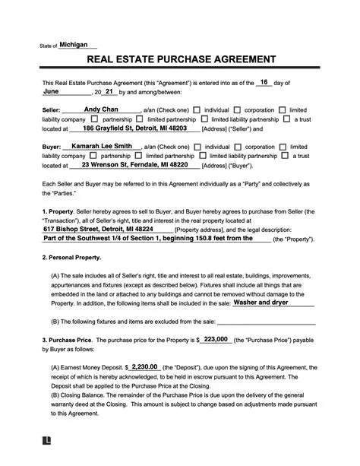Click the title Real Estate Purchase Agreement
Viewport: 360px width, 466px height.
(180, 59)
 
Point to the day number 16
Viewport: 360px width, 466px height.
(264, 82)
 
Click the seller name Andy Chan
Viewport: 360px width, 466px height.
(100, 109)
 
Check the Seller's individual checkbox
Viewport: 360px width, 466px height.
(197, 110)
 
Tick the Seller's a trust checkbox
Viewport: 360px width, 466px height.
(286, 119)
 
